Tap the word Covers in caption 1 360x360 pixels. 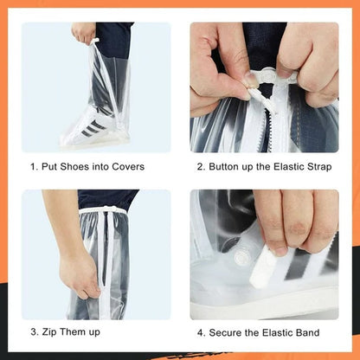click(126, 167)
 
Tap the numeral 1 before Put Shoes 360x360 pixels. click(32, 167)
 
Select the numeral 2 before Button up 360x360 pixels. click(200, 167)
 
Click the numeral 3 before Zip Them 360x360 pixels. click(33, 332)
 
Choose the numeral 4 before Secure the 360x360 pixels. click(200, 332)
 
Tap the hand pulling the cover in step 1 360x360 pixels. click(83, 33)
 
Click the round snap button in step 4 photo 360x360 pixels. click(243, 256)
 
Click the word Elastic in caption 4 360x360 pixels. click(270, 332)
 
